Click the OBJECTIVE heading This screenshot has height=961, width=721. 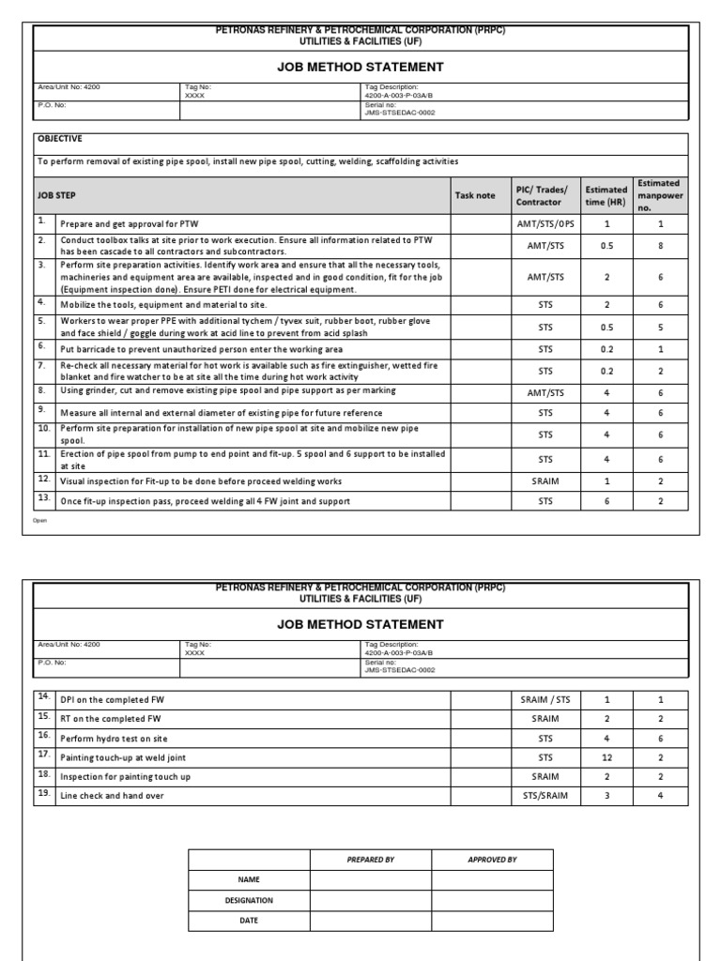tap(59, 139)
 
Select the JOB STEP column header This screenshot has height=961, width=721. tap(56, 195)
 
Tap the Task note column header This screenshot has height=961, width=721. tap(475, 195)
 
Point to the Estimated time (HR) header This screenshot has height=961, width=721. tap(606, 195)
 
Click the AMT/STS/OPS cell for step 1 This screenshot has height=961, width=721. tap(545, 224)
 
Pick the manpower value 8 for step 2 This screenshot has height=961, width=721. tap(660, 245)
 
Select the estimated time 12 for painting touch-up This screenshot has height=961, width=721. tap(606, 756)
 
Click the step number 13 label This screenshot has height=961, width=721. tap(42, 497)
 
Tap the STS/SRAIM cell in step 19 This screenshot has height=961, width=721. tap(545, 796)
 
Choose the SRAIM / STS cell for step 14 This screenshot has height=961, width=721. tap(545, 699)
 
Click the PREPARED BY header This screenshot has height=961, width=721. tap(371, 860)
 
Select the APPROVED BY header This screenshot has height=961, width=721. tap(492, 860)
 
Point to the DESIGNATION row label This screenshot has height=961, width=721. tap(249, 900)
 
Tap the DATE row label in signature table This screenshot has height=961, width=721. tap(249, 921)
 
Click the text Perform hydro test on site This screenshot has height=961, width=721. tap(114, 739)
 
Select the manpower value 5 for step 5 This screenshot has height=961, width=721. tap(660, 328)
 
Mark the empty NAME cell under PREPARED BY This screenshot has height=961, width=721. tap(371, 880)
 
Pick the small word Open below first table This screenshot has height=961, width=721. tap(39, 519)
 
